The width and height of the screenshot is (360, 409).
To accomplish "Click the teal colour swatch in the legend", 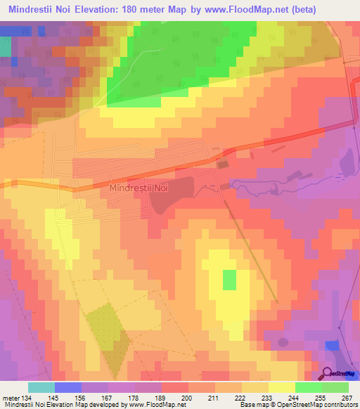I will click(x=41, y=387).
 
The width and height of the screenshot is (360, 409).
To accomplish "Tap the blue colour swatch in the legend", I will click(x=68, y=387).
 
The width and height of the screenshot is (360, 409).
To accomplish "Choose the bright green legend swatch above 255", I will click(x=309, y=387).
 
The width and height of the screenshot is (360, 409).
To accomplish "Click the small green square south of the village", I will click(x=229, y=280).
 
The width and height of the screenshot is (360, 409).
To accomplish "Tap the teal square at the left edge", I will click(x=6, y=46).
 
